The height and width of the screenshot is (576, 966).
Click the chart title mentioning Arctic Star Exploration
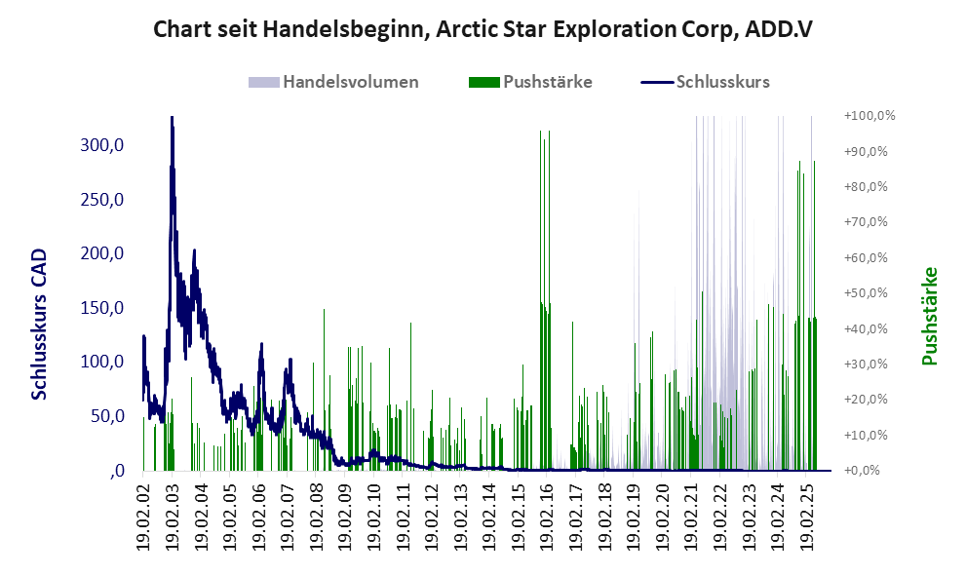pyautogui.click(x=483, y=29)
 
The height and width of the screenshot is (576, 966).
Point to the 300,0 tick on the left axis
pyautogui.click(x=102, y=145)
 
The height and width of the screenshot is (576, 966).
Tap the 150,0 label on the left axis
pyautogui.click(x=102, y=308)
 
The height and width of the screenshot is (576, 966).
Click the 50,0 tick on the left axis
pyautogui.click(x=106, y=416)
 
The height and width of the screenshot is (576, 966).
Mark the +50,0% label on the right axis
pyautogui.click(x=869, y=293)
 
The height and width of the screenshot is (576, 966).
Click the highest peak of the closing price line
pyautogui.click(x=172, y=119)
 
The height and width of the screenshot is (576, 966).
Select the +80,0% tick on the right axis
pyautogui.click(x=869, y=187)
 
